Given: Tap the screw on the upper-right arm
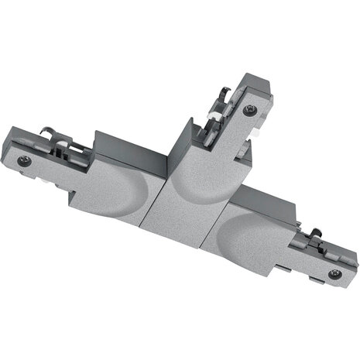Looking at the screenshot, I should [248, 111].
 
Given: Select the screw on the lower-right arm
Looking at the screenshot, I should [334, 273].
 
